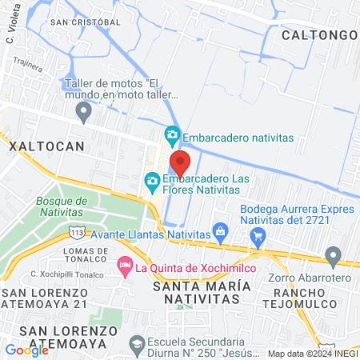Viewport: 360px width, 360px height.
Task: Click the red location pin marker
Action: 179,162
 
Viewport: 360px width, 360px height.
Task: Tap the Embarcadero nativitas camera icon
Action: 171,134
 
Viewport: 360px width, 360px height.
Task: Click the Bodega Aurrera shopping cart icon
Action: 258,236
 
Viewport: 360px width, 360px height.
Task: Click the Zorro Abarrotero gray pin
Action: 334,257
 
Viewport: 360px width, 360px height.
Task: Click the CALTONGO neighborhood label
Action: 318,34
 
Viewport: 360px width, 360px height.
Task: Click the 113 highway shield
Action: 76,231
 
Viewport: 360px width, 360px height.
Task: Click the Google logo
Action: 26,350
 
